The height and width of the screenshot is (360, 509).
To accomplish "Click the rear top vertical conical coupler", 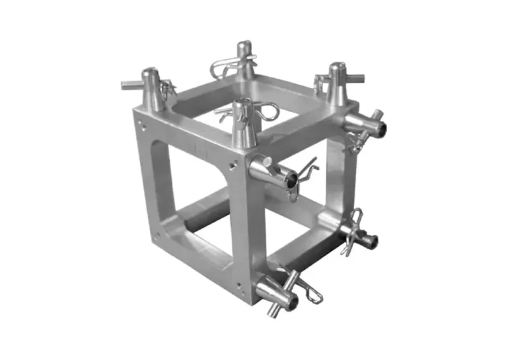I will (244, 61).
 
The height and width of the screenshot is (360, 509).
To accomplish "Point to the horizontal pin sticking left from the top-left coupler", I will (131, 84).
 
